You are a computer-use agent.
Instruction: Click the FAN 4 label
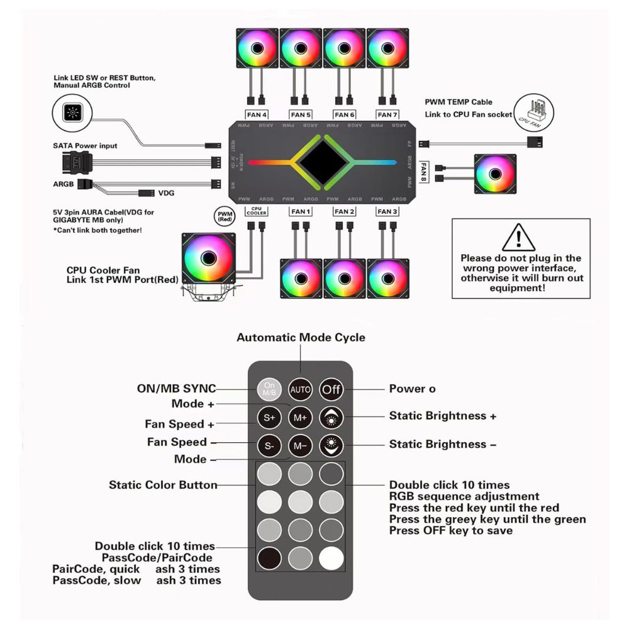[256, 114]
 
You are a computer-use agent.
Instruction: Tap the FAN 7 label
[387, 114]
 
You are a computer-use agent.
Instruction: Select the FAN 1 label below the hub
[300, 211]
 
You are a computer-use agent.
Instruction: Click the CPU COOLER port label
[256, 211]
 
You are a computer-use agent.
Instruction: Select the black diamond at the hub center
[325, 162]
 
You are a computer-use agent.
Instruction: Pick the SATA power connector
[75, 161]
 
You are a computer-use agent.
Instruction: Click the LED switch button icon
[73, 114]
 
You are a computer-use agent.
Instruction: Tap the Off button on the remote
[331, 389]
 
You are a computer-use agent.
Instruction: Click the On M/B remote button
[269, 389]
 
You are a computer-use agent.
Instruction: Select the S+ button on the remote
[269, 417]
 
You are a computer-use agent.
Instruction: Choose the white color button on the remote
[331, 557]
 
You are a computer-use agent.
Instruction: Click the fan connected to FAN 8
[495, 175]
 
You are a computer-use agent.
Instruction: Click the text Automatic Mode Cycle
[300, 338]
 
